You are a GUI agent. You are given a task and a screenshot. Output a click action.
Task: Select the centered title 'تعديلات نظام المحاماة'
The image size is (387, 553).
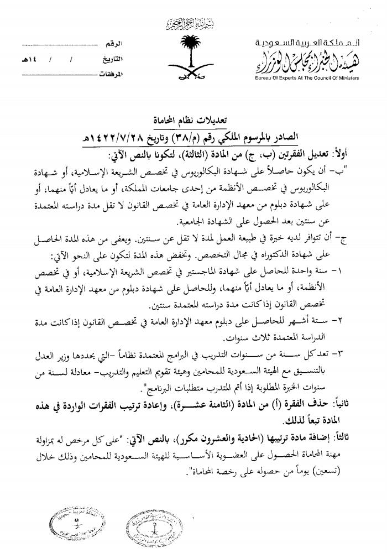click(x=192, y=119)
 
